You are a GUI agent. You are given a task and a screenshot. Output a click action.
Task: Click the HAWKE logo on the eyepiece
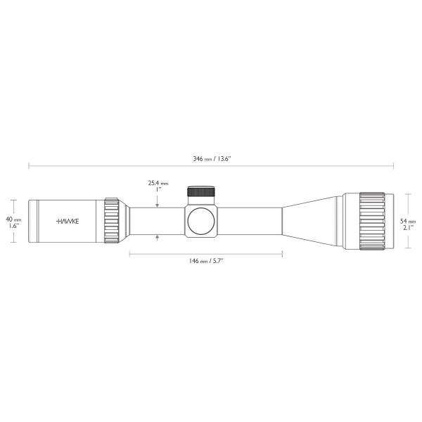[68, 220]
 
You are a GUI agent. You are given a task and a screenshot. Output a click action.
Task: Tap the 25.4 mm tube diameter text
[157, 186]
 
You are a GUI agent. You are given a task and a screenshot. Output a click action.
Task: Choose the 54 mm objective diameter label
[407, 222]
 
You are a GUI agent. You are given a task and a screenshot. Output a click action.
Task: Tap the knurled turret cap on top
[201, 193]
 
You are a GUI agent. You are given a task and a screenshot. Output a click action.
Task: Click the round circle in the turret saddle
[200, 219]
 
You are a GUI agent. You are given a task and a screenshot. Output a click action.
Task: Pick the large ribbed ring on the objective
[371, 220]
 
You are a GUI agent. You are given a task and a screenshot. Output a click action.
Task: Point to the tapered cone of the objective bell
[309, 220]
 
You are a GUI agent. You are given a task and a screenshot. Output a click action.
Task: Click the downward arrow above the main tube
[157, 203]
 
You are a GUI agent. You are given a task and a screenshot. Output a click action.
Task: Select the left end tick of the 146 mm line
[130, 251]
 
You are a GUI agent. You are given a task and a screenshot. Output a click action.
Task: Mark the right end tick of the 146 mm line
[283, 251]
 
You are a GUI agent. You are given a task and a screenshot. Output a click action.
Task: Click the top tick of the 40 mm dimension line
[15, 199]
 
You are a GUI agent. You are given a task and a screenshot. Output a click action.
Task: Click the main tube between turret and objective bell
[250, 220]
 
